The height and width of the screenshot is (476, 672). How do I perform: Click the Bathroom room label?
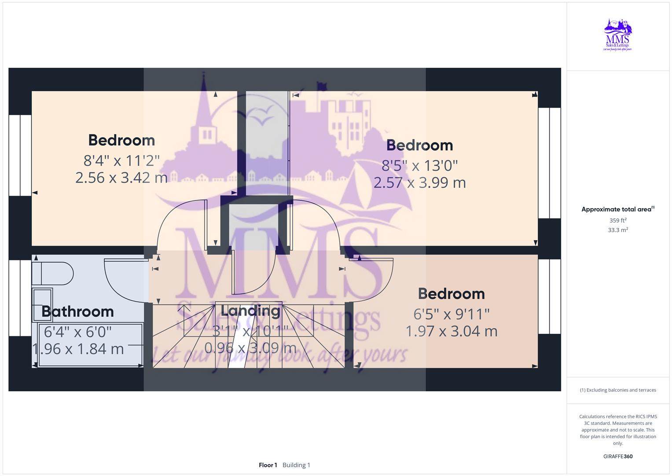coord(77,312)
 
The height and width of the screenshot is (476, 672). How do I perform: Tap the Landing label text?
coord(250,311)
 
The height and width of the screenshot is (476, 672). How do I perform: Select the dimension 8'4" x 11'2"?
coord(121,160)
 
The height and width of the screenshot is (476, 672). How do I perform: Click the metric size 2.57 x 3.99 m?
coord(419,182)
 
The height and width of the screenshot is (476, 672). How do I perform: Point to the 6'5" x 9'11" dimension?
coord(451,314)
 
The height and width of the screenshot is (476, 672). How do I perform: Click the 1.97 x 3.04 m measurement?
coord(451,331)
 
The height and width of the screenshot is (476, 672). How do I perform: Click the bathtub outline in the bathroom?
coord(91,345)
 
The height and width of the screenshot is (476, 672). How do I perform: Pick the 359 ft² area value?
coord(617,220)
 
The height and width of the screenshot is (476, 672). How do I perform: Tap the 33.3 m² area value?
coord(617,230)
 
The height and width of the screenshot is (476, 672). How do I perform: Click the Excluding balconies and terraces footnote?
coord(617,390)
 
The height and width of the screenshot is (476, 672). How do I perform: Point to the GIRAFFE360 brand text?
coord(617,457)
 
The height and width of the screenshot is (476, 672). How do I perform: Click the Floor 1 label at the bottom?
coord(268,465)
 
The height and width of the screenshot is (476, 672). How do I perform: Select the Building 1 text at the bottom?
coord(296,465)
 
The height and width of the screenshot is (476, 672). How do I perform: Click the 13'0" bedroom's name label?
coord(419,145)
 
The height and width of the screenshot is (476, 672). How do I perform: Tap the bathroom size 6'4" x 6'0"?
coord(77,331)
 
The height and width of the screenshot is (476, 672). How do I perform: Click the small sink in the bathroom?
coord(42,304)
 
